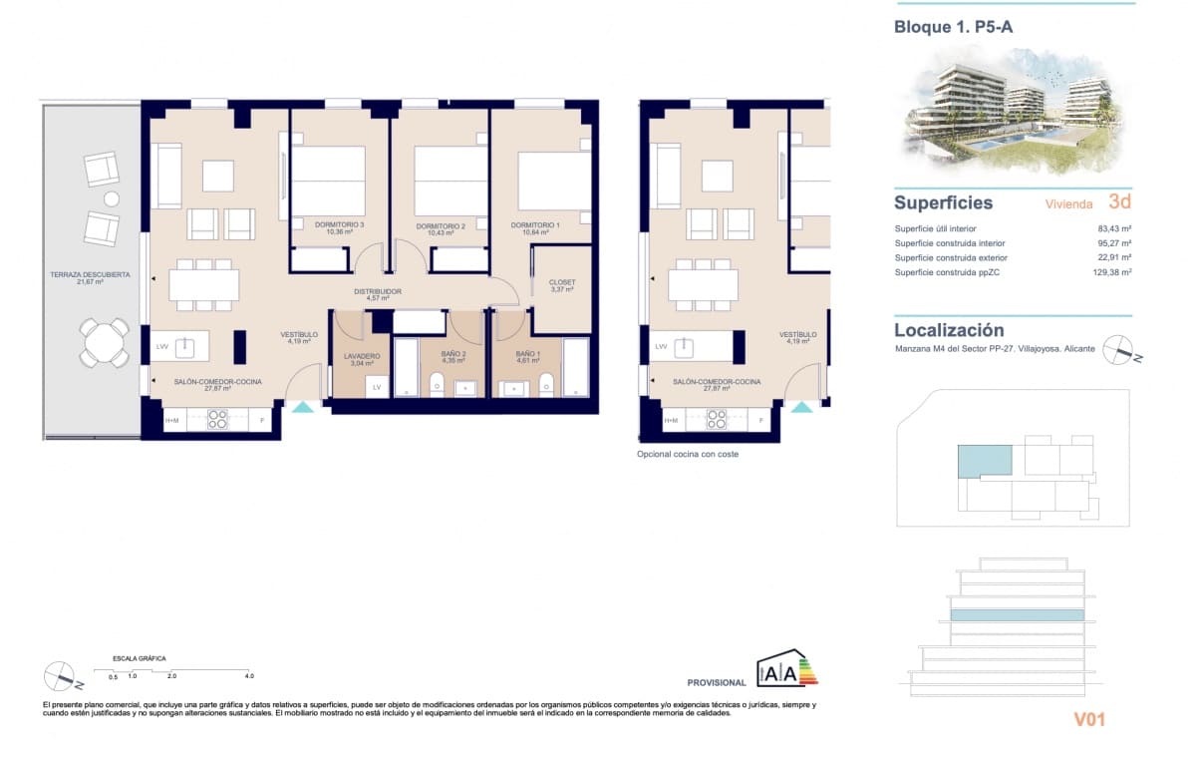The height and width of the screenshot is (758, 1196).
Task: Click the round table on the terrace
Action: click(105, 342)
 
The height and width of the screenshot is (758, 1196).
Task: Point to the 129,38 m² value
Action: click(1112, 272)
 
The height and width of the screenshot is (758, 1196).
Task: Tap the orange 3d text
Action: click(1119, 201)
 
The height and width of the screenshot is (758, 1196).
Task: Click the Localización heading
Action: click(949, 330)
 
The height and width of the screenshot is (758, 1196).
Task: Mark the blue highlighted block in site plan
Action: click(985, 460)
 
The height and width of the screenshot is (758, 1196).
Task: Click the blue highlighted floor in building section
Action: click(1017, 615)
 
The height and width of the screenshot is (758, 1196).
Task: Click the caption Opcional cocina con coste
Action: click(688, 454)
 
